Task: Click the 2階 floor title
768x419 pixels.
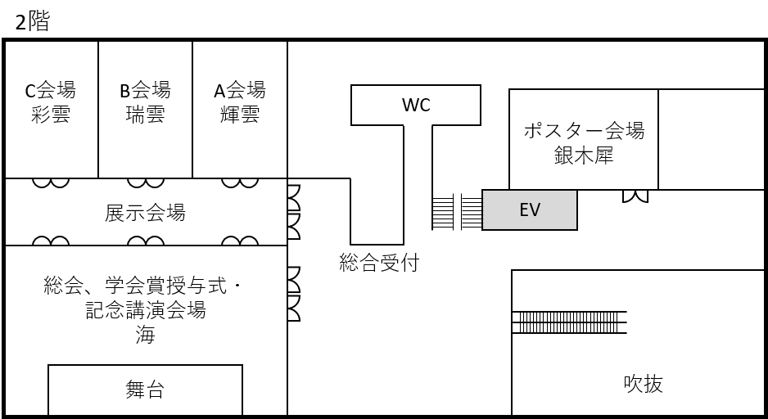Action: pyautogui.click(x=32, y=21)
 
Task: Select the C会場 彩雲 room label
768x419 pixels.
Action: pyautogui.click(x=51, y=102)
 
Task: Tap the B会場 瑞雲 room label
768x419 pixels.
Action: pyautogui.click(x=145, y=102)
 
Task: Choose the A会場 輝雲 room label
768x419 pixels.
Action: pyautogui.click(x=240, y=102)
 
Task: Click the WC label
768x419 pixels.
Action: pyautogui.click(x=416, y=105)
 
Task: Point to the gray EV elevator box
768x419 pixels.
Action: pyautogui.click(x=530, y=210)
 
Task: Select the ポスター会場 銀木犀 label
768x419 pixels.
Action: pyautogui.click(x=584, y=143)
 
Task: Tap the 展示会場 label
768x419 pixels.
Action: pyautogui.click(x=145, y=213)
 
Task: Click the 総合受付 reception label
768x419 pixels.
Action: pyautogui.click(x=379, y=263)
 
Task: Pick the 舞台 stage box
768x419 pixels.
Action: pyautogui.click(x=145, y=390)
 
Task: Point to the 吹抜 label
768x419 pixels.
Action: pyautogui.click(x=643, y=383)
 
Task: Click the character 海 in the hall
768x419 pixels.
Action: pyautogui.click(x=145, y=335)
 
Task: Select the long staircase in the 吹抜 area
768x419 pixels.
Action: pyautogui.click(x=569, y=322)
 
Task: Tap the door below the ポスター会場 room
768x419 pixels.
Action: pyautogui.click(x=635, y=196)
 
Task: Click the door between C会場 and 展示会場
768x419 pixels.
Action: pyautogui.click(x=51, y=183)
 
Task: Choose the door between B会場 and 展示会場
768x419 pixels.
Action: pyautogui.click(x=146, y=183)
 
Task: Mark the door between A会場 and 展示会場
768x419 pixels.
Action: pyautogui.click(x=240, y=183)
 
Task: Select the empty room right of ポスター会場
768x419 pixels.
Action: pyautogui.click(x=712, y=139)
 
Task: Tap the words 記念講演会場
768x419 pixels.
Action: pyautogui.click(x=145, y=310)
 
